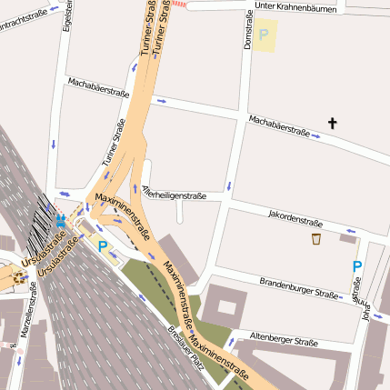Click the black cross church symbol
point(333,123)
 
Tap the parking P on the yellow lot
point(264,35)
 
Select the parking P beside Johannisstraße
point(357,266)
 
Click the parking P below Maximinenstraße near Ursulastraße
point(103,245)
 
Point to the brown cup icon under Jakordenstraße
point(315,239)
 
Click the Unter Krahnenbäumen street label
point(295,7)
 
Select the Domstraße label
point(246,33)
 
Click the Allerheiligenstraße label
point(175,194)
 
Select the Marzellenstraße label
point(25,314)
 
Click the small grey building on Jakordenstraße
point(348,238)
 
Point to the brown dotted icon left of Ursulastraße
point(19,276)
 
